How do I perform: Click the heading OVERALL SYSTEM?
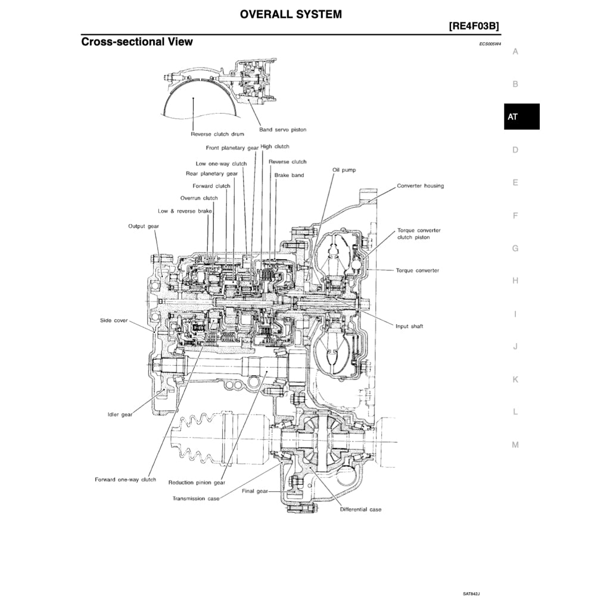point(291,14)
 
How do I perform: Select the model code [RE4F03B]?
point(474,26)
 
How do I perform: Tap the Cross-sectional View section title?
point(137,42)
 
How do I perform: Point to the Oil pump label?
point(344,170)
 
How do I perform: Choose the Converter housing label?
point(420,186)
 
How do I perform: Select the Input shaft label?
point(409,326)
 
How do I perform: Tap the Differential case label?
point(360,509)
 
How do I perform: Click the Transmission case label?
point(196,498)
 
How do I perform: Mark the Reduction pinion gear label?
point(197,483)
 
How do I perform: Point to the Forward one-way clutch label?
point(125,480)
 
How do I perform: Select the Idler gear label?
point(120,415)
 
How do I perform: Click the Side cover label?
point(113,320)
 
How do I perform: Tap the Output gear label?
point(144,226)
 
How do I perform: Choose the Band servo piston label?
point(282,129)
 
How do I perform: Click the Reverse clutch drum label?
point(217,134)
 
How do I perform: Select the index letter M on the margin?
point(515,444)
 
